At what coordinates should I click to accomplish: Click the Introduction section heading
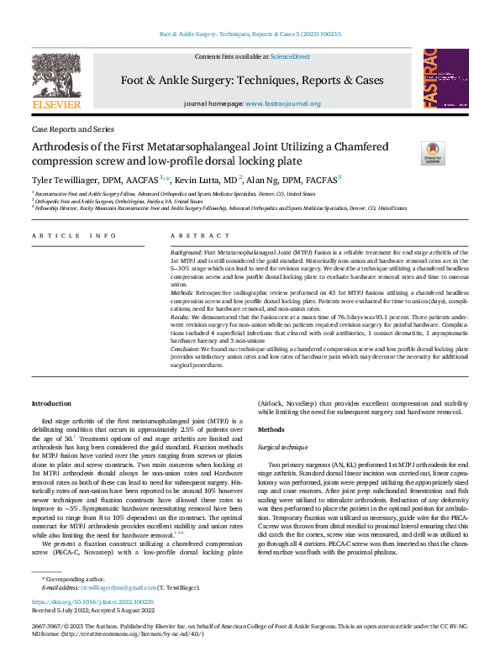pyautogui.click(x=51, y=404)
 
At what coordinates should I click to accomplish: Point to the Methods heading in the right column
pyautogui.click(x=271, y=428)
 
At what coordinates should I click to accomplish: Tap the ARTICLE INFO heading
pyautogui.click(x=63, y=236)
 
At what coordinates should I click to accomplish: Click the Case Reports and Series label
pyautogui.click(x=71, y=130)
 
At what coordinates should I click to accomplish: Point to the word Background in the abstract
pyautogui.click(x=186, y=252)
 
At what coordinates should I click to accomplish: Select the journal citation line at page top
pyautogui.click(x=250, y=34)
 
